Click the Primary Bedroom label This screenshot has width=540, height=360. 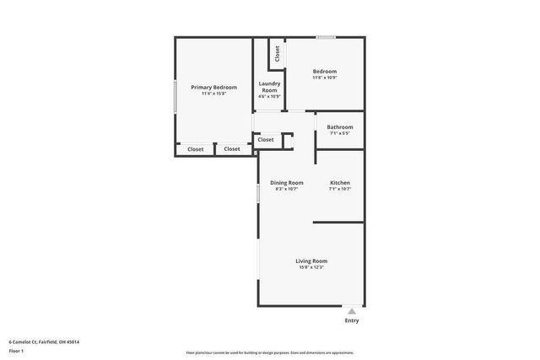[213, 87]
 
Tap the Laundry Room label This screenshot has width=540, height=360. [269, 86]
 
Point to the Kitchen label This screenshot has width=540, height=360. [340, 183]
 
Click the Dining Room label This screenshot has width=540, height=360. [287, 183]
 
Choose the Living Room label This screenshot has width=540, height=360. [311, 261]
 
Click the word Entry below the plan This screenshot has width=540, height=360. [352, 320]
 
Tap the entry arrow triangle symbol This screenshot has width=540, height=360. [352, 310]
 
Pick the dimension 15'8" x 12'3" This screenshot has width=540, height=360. [311, 267]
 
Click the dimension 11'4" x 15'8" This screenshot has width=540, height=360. [213, 94]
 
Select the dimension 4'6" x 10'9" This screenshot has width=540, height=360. [269, 96]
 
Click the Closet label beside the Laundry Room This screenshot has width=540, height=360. [277, 53]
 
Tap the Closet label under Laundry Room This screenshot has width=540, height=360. [266, 139]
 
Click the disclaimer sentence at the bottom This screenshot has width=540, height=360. [269, 353]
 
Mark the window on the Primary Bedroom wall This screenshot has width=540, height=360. [175, 95]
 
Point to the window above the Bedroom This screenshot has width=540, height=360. [326, 37]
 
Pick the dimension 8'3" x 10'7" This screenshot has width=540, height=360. [287, 189]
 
